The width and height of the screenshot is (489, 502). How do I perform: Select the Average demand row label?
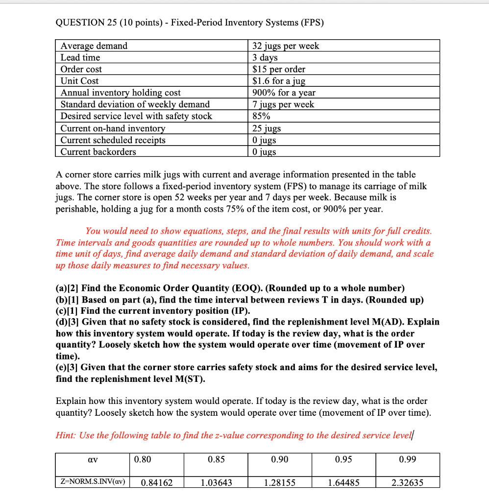point(94,46)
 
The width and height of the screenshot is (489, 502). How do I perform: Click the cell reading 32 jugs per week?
point(286,46)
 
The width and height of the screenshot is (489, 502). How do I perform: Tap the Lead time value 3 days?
point(265,57)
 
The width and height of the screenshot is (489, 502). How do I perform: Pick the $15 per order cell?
point(279,69)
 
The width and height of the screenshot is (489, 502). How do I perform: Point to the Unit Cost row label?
point(79,81)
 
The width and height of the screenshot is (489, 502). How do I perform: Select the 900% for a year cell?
point(284,93)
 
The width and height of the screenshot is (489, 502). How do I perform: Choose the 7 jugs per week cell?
point(283,104)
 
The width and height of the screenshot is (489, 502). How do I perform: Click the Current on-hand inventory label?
point(113,128)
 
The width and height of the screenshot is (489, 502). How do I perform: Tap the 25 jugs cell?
point(267,128)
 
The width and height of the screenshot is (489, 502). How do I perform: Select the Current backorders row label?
point(98,152)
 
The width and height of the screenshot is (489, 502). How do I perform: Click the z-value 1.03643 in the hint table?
point(217,482)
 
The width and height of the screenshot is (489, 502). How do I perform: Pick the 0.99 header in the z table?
point(408,459)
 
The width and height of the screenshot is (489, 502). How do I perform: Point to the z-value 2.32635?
point(408,482)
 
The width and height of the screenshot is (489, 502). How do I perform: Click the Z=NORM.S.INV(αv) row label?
point(91,482)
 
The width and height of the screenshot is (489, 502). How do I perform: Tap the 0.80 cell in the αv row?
point(143,459)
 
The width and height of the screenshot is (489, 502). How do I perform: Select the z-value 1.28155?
point(279,482)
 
